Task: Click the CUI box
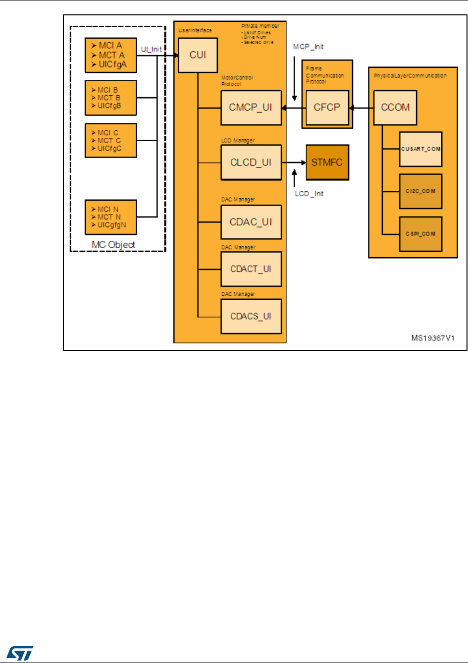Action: (198, 55)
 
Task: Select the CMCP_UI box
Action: (251, 108)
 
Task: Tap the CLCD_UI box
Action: (251, 163)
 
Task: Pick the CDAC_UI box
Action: (251, 222)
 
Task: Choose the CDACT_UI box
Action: (251, 269)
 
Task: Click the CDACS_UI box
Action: (251, 316)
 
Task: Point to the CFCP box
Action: (327, 108)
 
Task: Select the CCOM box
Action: (395, 108)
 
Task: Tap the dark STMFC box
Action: (327, 163)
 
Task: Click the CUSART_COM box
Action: (420, 149)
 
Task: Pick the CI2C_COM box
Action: (420, 191)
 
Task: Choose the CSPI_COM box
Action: (420, 234)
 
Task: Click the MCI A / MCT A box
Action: (110, 55)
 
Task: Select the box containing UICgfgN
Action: (110, 217)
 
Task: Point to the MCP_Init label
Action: (308, 47)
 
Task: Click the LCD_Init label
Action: (309, 194)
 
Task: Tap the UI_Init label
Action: (151, 50)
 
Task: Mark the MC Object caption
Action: (113, 245)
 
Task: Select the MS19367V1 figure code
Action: (433, 338)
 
